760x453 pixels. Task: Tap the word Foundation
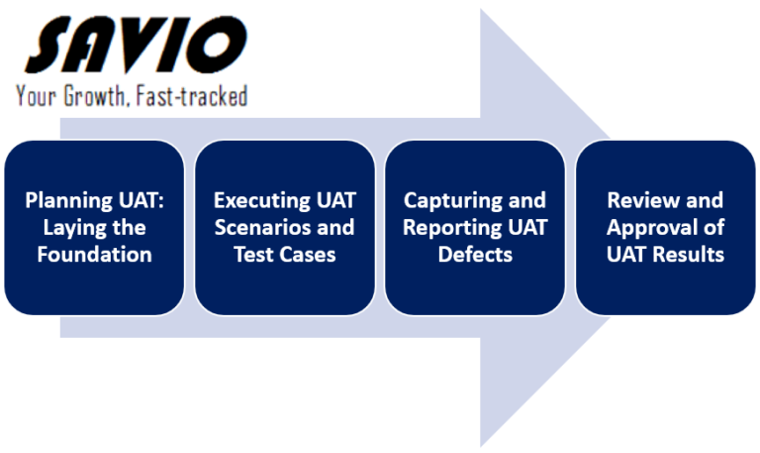(x=96, y=255)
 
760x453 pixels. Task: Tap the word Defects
(x=475, y=255)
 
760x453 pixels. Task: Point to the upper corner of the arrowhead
(x=482, y=12)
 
